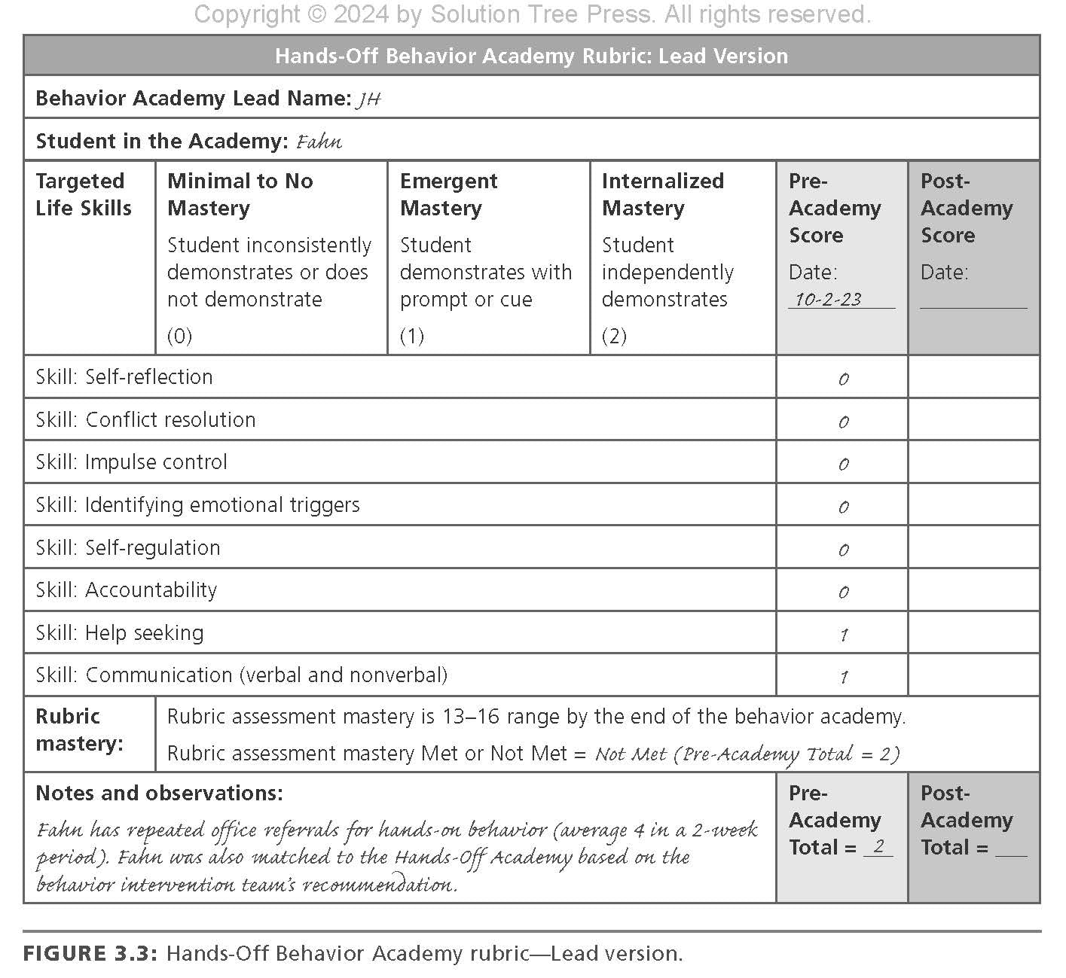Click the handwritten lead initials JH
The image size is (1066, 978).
coord(368,99)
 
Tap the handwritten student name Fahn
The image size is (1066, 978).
coord(319,142)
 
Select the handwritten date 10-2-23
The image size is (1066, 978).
coord(828,299)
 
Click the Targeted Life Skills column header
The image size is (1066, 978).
coord(84,194)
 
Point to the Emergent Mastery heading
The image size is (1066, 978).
coord(448,194)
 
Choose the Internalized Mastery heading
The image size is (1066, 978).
coord(662,194)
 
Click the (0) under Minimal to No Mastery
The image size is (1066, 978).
coord(179,336)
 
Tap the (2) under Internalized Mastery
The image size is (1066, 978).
coord(614,336)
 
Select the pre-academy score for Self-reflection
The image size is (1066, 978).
coord(843,379)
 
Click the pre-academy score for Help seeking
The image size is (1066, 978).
coord(843,635)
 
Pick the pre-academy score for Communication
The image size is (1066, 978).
coord(843,677)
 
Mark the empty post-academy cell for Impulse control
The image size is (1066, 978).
coord(973,462)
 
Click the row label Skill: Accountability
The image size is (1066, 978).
coord(127,590)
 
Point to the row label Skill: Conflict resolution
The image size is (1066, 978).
coord(145,420)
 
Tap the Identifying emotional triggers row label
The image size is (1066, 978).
coord(197,505)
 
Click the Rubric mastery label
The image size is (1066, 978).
coord(79,730)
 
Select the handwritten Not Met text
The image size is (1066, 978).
coord(631,754)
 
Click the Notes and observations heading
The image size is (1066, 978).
coord(159,794)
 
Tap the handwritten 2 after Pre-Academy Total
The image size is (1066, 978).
coord(878,847)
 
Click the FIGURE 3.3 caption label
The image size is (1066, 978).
coord(90,954)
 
